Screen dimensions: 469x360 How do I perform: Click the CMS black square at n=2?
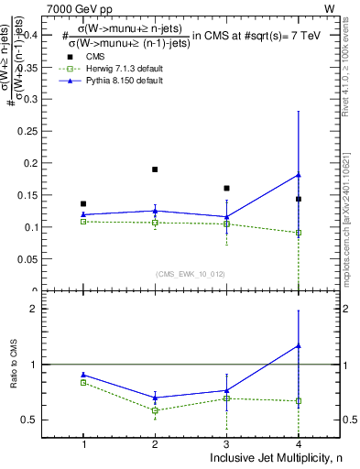[155, 169]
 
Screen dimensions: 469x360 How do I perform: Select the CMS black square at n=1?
[83, 203]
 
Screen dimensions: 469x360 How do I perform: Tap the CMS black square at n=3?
[226, 188]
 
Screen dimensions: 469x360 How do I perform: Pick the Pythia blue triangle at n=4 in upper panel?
[298, 175]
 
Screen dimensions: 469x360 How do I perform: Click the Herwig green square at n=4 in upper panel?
[298, 233]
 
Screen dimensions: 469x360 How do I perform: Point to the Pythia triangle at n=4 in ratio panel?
[298, 345]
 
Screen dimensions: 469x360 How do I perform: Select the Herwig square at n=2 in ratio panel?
[155, 410]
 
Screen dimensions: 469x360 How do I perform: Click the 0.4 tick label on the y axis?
[42, 35]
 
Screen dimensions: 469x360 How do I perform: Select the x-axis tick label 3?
[226, 444]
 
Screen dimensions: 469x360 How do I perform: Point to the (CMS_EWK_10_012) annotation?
[190, 272]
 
